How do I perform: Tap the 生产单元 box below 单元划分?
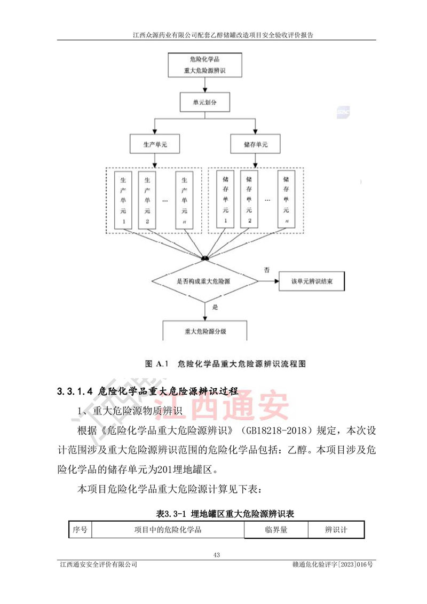click(154, 144)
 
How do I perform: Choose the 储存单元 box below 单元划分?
click(256, 144)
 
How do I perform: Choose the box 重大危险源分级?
click(205, 331)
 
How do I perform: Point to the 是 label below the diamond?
click(216, 308)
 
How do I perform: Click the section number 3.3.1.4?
click(75, 391)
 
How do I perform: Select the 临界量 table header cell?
click(276, 530)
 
